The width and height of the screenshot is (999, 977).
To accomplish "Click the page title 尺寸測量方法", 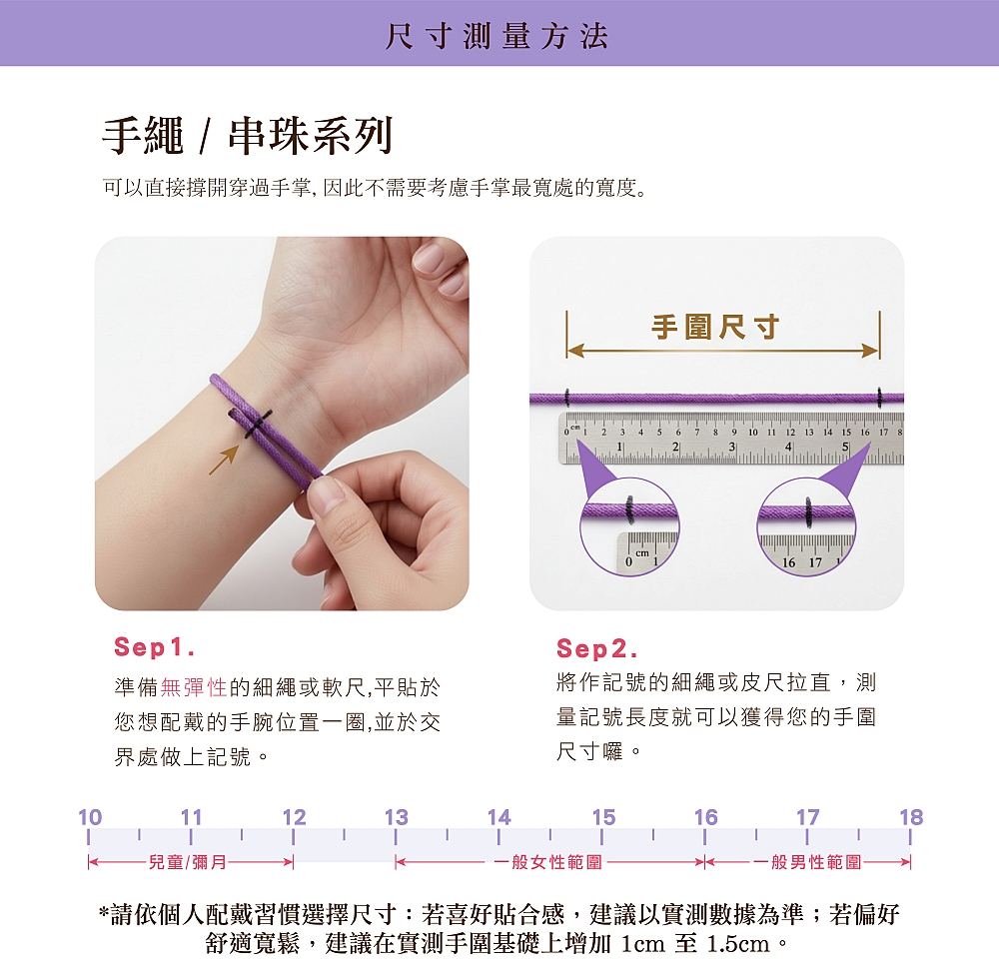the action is click(x=497, y=36).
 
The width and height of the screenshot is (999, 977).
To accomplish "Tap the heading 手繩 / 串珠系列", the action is click(x=247, y=136).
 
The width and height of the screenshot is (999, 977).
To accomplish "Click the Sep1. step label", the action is click(x=154, y=647).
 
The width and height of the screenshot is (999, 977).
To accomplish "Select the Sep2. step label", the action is click(x=596, y=649).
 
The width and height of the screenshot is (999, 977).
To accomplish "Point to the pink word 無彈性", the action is click(x=194, y=687).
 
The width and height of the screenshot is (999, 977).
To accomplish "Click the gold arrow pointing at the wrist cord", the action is click(x=224, y=460).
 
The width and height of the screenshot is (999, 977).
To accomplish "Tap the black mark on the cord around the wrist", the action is click(x=257, y=424).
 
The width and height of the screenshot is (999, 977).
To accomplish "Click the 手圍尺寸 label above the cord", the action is click(x=715, y=327).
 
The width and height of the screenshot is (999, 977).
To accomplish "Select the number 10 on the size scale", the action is click(x=90, y=817).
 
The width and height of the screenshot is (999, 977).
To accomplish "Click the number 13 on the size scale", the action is click(x=397, y=817).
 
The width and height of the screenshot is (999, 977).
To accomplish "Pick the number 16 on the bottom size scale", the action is click(x=706, y=817).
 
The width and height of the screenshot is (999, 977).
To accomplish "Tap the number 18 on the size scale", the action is click(x=911, y=817).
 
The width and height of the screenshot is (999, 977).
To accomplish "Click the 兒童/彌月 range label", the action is click(x=188, y=862).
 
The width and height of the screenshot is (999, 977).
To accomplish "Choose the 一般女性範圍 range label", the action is click(x=548, y=862).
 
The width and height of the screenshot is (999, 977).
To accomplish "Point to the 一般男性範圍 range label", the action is click(x=808, y=862).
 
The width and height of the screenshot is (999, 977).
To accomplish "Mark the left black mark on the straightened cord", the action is click(x=567, y=398).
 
